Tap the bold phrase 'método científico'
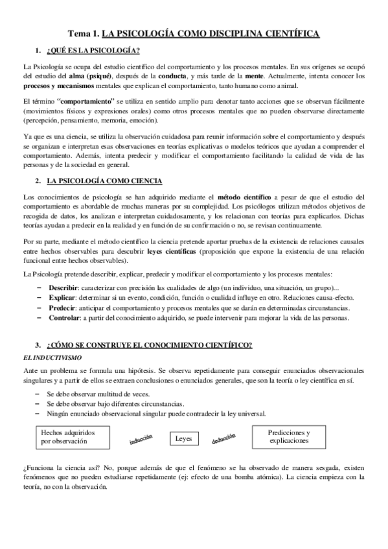244,197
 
